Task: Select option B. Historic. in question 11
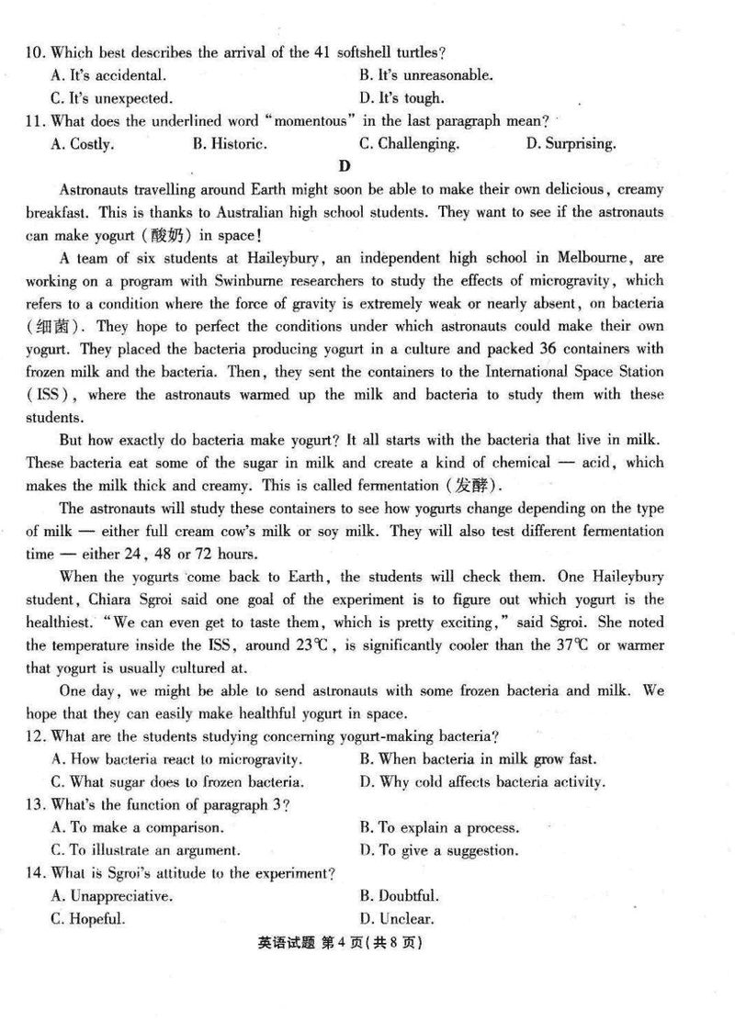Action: tap(230, 143)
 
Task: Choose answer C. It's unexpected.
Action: tap(112, 98)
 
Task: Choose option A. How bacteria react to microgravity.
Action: tap(177, 758)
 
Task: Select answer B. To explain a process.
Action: tap(439, 827)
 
